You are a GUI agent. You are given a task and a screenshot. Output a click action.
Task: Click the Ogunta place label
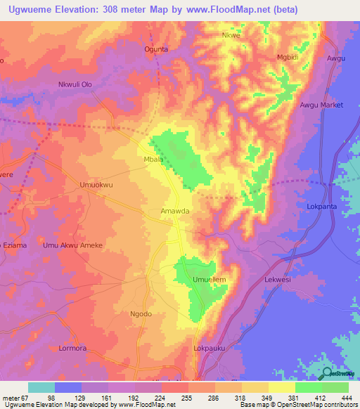coord(156,49)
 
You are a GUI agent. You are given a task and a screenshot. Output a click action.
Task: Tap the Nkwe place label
coord(231,34)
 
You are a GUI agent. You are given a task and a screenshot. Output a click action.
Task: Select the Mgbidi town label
coord(288,57)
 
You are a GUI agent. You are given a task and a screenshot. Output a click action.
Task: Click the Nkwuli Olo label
coord(75,85)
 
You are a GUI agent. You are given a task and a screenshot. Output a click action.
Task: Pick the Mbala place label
coord(153,160)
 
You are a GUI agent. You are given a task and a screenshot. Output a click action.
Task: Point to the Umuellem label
coord(210,280)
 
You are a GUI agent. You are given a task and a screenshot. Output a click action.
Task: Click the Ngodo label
coord(141,314)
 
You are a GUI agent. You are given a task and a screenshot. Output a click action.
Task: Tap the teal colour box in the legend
coord(41,387)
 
